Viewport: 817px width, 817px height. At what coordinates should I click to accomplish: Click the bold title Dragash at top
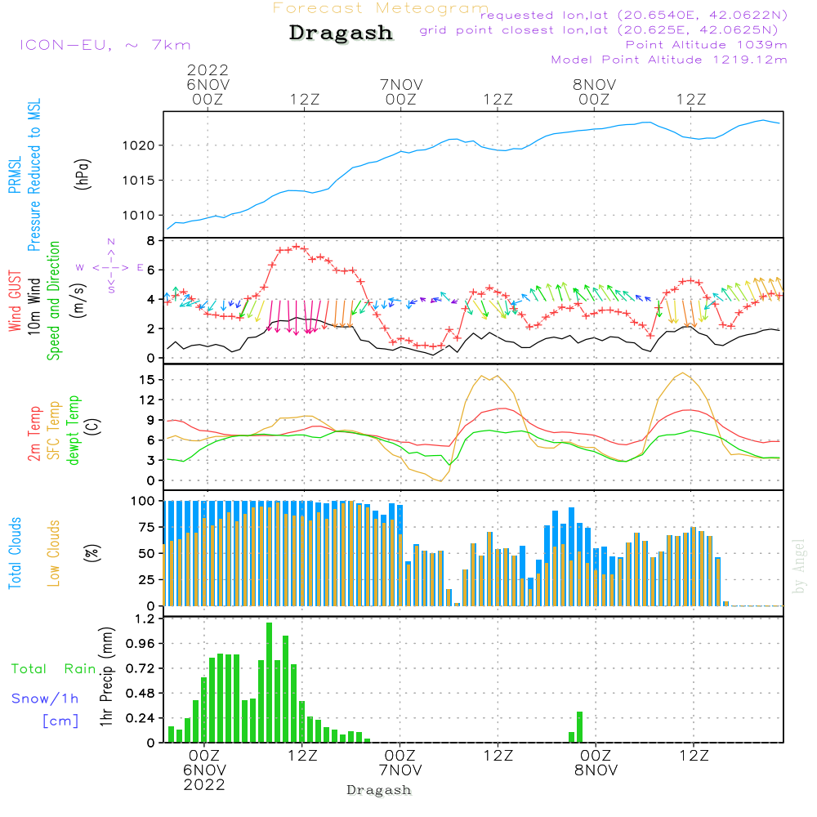pyautogui.click(x=341, y=33)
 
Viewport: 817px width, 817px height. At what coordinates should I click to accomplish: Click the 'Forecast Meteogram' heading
pyautogui.click(x=381, y=8)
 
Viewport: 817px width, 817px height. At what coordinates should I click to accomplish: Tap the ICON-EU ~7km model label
pyautogui.click(x=105, y=45)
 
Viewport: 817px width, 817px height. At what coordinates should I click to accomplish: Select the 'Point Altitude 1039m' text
pyautogui.click(x=706, y=45)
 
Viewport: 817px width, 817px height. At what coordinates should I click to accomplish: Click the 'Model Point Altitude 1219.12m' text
pyautogui.click(x=669, y=60)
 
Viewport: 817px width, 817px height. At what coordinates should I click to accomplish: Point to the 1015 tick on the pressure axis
pyautogui.click(x=139, y=181)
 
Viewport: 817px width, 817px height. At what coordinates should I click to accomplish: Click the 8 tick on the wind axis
pyautogui.click(x=150, y=241)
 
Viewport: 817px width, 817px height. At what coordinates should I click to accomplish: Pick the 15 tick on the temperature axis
pyautogui.click(x=147, y=380)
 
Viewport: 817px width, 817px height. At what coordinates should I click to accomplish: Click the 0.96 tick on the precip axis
pyautogui.click(x=141, y=644)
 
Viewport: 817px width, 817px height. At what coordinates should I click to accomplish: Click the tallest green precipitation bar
pyautogui.click(x=269, y=682)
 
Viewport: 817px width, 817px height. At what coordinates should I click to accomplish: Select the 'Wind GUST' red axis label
pyautogui.click(x=15, y=301)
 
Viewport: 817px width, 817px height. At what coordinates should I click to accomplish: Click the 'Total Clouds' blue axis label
pyautogui.click(x=15, y=553)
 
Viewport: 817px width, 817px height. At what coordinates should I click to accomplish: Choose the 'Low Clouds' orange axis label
pyautogui.click(x=53, y=553)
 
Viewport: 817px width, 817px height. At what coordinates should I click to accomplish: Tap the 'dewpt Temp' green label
pyautogui.click(x=73, y=430)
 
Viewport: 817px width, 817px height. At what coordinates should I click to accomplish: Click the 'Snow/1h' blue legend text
pyautogui.click(x=45, y=699)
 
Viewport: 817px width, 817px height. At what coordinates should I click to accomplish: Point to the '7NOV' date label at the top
pyautogui.click(x=401, y=84)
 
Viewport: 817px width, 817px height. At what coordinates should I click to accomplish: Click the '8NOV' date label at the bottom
pyautogui.click(x=596, y=770)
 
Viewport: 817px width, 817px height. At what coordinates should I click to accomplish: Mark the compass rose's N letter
pyautogui.click(x=111, y=242)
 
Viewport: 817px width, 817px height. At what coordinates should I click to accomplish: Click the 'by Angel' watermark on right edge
pyautogui.click(x=799, y=566)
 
